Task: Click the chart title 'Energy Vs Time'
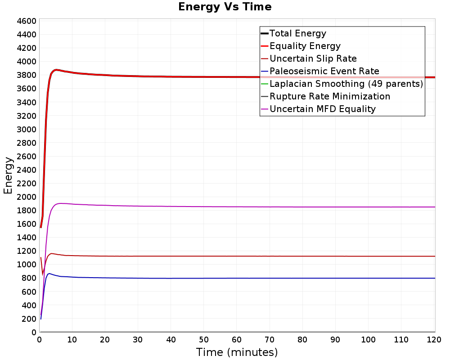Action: click(225, 7)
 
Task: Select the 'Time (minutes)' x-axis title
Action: click(237, 352)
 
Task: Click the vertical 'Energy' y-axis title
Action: click(8, 175)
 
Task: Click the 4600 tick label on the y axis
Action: click(27, 21)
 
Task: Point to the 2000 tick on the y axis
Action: click(27, 197)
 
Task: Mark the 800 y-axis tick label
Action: click(29, 278)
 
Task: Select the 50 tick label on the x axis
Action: click(203, 340)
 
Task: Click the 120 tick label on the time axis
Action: click(434, 340)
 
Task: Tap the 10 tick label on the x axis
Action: click(72, 340)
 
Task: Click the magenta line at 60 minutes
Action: click(237, 207)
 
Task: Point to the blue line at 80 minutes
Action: click(302, 278)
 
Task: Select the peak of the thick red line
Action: click(56, 70)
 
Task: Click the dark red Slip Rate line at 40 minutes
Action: click(171, 256)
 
